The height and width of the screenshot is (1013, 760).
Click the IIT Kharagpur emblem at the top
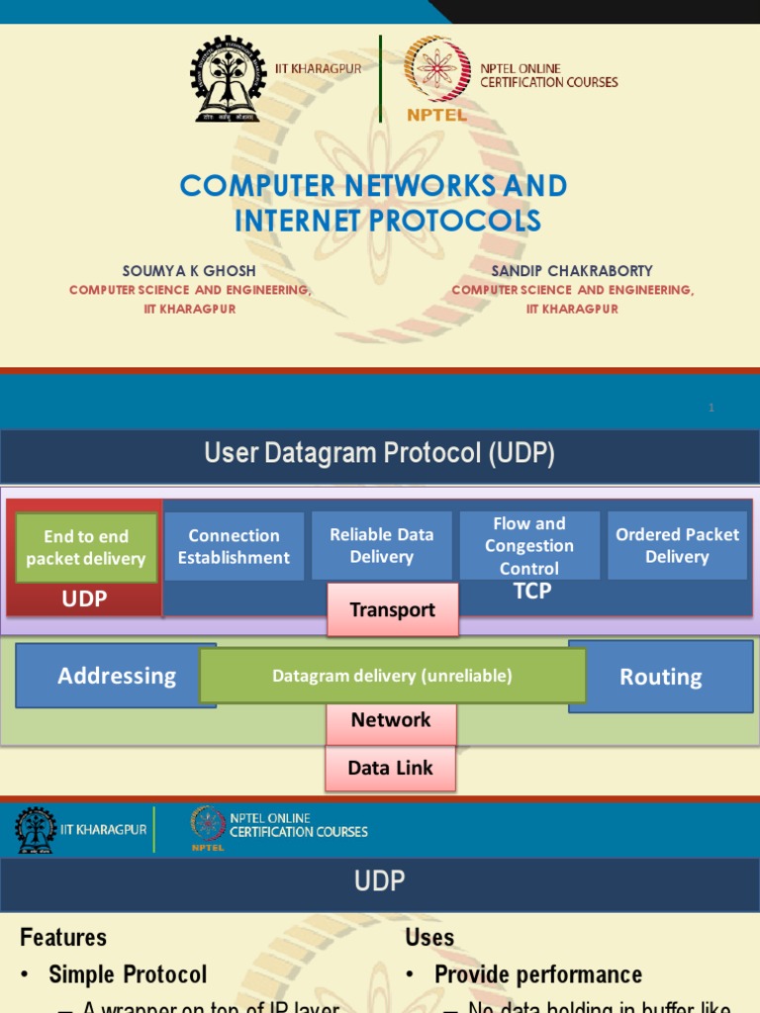(x=229, y=78)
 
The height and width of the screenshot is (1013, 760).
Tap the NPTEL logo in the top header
(x=436, y=77)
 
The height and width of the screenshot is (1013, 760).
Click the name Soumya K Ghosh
(x=190, y=270)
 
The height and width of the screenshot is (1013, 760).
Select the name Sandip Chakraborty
(x=572, y=270)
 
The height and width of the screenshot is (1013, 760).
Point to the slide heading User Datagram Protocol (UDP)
(x=379, y=454)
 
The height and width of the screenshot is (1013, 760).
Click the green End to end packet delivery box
(x=86, y=547)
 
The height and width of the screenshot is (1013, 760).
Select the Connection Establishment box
(x=234, y=546)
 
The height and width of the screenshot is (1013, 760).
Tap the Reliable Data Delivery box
(x=381, y=545)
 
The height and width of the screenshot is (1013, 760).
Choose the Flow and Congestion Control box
(x=528, y=545)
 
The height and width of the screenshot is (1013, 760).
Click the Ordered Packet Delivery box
(x=677, y=545)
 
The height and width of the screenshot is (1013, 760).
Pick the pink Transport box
(x=393, y=609)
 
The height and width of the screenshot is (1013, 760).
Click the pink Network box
(x=391, y=720)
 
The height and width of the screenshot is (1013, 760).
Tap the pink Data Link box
(x=390, y=768)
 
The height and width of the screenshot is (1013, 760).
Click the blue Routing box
(x=661, y=677)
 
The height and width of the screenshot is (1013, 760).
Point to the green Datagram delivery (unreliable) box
(x=393, y=676)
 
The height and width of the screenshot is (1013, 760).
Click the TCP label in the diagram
(x=532, y=591)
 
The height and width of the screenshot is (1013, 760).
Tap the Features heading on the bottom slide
(x=63, y=937)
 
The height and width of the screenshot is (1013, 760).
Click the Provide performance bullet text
(x=538, y=974)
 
